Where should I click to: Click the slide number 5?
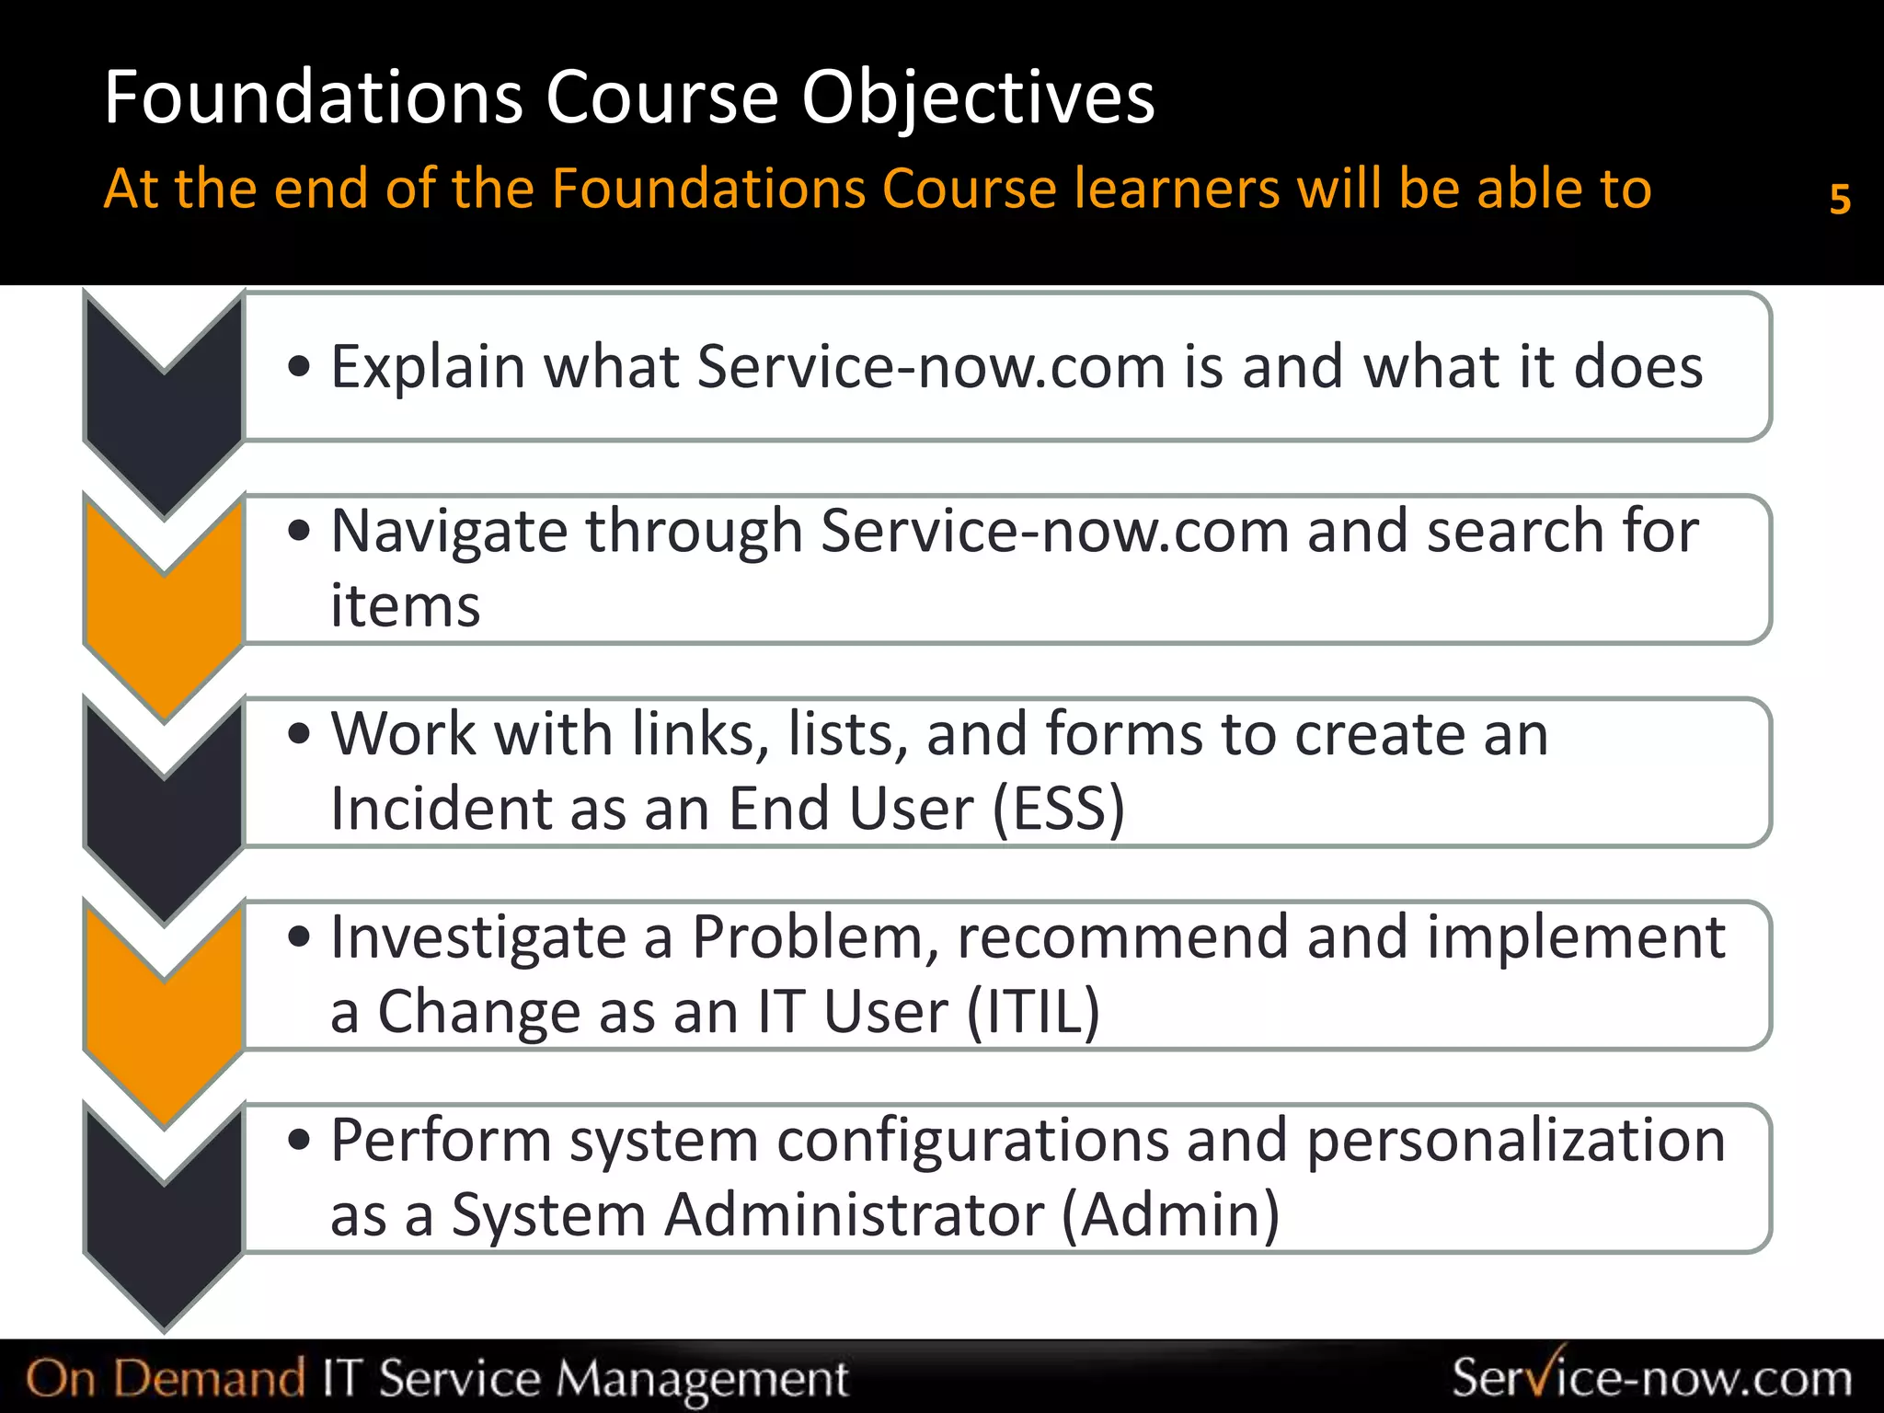coord(1839,199)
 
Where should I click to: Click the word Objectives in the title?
coord(977,98)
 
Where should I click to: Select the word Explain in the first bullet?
coord(428,367)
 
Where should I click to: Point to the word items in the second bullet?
coord(405,606)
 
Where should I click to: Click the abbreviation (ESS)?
coord(1059,810)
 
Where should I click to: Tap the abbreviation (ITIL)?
coord(1033,1013)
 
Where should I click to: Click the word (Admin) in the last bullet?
coord(1170,1215)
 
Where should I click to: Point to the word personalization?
coord(1515,1141)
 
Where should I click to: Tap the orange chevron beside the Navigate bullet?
coord(164,626)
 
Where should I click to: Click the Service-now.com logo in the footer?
coord(1651,1377)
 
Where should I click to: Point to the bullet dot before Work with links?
coord(299,735)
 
